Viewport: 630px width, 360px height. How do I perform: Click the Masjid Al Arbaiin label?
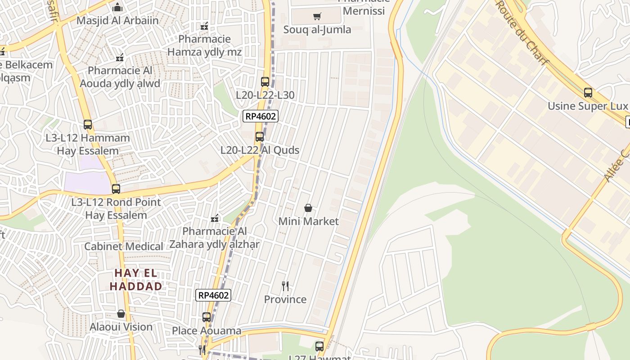coord(117,21)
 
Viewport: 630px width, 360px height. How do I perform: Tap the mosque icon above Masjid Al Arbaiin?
coord(117,7)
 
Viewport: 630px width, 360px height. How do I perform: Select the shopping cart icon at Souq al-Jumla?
coord(317,17)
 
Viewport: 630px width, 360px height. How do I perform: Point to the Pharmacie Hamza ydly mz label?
coord(204,45)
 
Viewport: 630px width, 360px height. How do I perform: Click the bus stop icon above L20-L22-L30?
coord(265,82)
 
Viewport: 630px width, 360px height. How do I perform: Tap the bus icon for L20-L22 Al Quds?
coord(260,137)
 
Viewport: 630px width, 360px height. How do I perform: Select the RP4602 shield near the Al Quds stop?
coord(261,117)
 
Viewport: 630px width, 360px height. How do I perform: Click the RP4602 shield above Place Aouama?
coord(214,295)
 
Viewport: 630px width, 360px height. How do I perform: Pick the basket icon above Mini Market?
coord(308,208)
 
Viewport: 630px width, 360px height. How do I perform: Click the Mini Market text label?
coord(308,221)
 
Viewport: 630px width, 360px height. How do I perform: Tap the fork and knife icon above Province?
coord(285,286)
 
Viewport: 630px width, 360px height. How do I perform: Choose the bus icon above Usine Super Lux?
coord(588,93)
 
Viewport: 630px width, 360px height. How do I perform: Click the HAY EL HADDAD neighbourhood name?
coord(136,279)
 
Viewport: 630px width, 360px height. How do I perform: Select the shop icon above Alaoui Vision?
coord(121,314)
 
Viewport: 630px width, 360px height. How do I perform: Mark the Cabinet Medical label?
coord(124,247)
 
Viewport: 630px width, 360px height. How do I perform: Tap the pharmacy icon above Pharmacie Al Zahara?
coord(215,218)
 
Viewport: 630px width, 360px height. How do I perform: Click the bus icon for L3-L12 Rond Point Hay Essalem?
coord(116,189)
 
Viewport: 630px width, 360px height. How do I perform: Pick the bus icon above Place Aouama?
coord(207,317)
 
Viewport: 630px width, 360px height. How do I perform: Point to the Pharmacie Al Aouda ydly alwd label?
coord(120,77)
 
